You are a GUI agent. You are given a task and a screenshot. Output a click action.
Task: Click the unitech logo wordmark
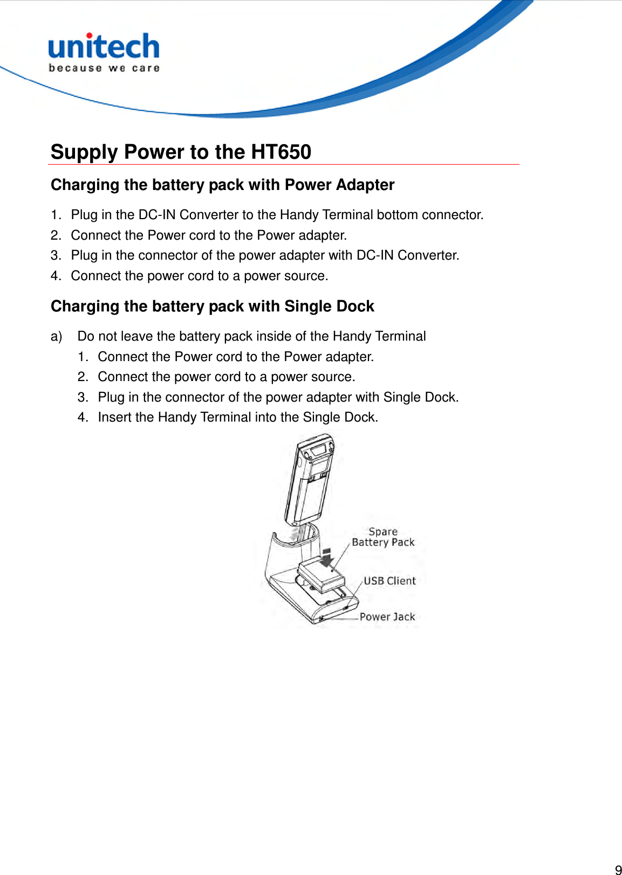click(104, 47)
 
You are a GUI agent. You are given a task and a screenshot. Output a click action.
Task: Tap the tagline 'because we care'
click(104, 68)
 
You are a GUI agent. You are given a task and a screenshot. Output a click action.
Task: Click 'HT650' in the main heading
click(281, 152)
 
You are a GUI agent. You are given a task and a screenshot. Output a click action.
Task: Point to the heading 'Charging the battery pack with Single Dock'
click(213, 307)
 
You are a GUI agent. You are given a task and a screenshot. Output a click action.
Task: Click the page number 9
click(618, 869)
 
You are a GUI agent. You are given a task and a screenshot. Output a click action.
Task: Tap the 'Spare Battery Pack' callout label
click(383, 537)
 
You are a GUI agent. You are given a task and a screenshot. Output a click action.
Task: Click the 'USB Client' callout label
click(389, 581)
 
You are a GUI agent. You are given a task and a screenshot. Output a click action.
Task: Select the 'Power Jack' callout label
click(387, 617)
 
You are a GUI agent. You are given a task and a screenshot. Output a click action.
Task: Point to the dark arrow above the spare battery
click(327, 557)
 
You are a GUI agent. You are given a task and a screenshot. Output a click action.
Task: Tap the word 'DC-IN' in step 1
click(156, 215)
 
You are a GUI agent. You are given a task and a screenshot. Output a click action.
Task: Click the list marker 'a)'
click(56, 337)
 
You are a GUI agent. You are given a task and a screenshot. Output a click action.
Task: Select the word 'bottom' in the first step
click(398, 215)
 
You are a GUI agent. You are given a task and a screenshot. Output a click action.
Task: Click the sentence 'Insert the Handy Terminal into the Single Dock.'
click(238, 417)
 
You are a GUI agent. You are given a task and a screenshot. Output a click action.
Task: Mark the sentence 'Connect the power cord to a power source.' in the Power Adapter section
click(200, 276)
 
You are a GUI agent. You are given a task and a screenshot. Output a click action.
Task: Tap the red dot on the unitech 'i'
click(89, 35)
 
